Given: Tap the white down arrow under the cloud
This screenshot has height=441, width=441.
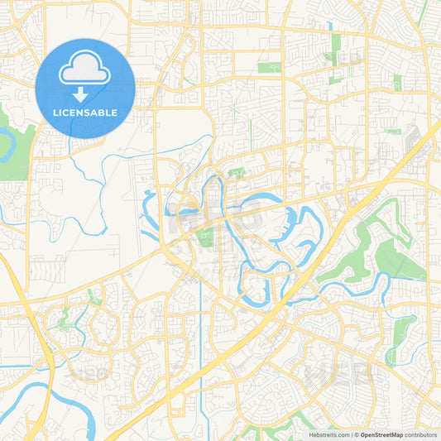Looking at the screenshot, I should [x=85, y=93].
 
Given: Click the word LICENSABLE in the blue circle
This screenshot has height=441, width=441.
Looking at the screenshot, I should [x=85, y=113].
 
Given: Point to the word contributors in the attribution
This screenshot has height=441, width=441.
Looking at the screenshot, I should [x=420, y=434].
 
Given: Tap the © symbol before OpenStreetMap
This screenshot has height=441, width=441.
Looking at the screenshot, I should [x=354, y=434].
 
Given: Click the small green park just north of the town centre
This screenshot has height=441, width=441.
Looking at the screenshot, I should [x=236, y=173].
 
